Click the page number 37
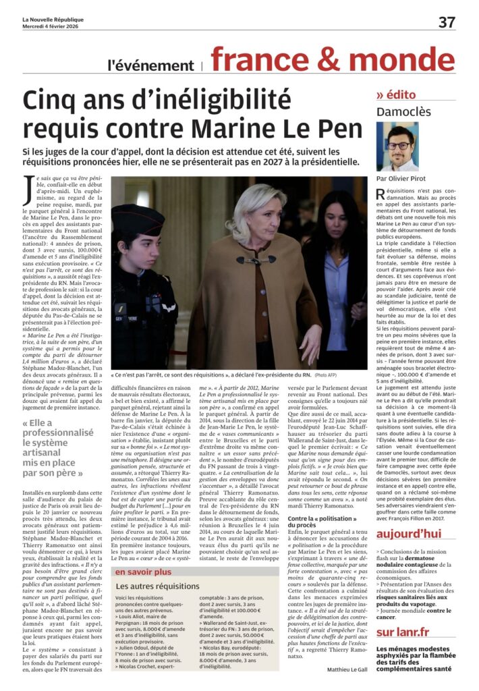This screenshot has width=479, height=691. (x=447, y=22)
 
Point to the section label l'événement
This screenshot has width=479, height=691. (x=150, y=65)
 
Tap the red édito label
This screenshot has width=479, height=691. (x=401, y=94)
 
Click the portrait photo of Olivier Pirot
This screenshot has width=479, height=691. (x=398, y=147)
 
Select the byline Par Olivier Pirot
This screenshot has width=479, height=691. (x=403, y=179)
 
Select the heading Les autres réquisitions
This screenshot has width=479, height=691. (x=158, y=586)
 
